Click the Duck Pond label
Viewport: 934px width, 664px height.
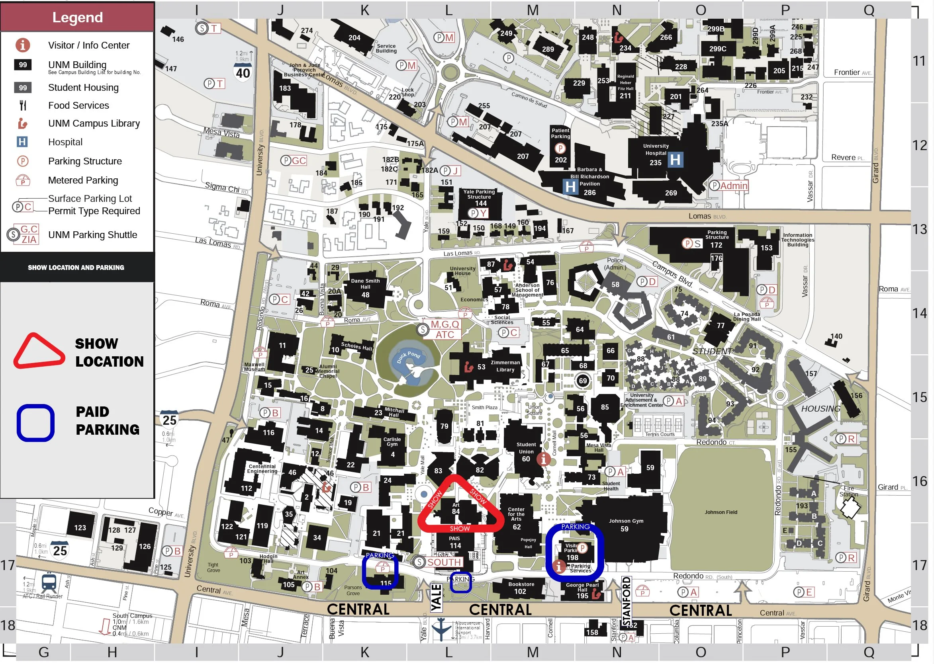(x=408, y=357)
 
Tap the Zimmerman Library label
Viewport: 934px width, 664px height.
(x=505, y=366)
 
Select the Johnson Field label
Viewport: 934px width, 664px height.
(x=721, y=512)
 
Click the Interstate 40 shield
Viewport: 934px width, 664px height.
(x=243, y=73)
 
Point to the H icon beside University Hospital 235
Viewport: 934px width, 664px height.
(x=675, y=160)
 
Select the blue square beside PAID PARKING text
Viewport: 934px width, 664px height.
(x=35, y=423)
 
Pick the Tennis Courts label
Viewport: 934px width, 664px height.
(x=660, y=434)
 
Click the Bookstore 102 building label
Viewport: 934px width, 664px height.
(x=521, y=588)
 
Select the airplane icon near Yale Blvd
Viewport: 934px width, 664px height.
(x=441, y=629)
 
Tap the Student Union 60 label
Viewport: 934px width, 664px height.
(x=526, y=451)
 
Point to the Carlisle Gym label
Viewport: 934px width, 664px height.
(x=392, y=441)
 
